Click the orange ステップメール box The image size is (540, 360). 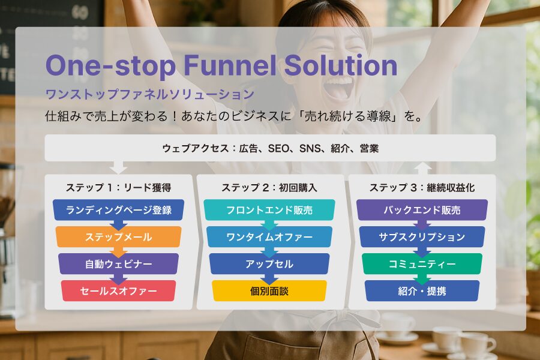pyautogui.click(x=118, y=236)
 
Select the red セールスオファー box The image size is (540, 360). pyautogui.click(x=118, y=291)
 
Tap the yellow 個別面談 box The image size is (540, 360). pyautogui.click(x=269, y=291)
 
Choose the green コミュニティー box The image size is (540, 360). pyautogui.click(x=422, y=264)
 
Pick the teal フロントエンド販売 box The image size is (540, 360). pyautogui.click(x=269, y=210)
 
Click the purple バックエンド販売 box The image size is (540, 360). pyautogui.click(x=422, y=210)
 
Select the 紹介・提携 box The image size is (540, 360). pyautogui.click(x=422, y=291)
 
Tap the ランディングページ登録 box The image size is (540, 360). pyautogui.click(x=118, y=210)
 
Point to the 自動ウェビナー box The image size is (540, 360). pyautogui.click(x=118, y=264)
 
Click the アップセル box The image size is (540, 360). pyautogui.click(x=269, y=264)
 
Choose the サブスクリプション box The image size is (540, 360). pyautogui.click(x=422, y=236)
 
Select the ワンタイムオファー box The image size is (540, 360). pyautogui.click(x=269, y=236)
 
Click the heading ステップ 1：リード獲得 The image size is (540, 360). pyautogui.click(x=118, y=187)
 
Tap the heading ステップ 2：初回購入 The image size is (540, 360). pyautogui.click(x=269, y=187)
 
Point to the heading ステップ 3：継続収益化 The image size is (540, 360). pyautogui.click(x=422, y=187)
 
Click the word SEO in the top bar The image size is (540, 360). pyautogui.click(x=278, y=148)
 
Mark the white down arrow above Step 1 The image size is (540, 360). pyautogui.click(x=118, y=167)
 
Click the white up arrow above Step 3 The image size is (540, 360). pyautogui.click(x=422, y=169)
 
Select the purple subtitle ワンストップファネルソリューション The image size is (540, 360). pyautogui.click(x=150, y=94)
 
